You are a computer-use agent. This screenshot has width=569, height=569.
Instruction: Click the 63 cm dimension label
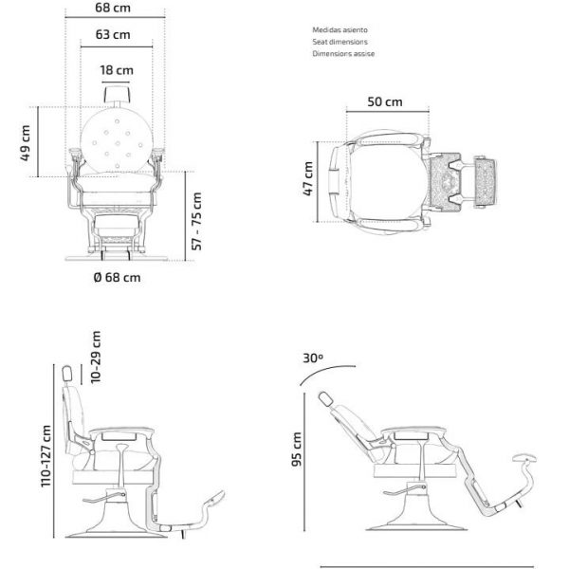click(113, 34)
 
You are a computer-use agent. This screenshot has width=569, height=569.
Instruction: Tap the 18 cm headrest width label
click(117, 70)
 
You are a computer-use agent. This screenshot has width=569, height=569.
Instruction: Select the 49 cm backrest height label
click(25, 142)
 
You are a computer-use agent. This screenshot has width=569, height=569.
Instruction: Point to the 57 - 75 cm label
click(196, 221)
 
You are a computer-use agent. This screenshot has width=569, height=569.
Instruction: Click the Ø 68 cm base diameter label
click(117, 278)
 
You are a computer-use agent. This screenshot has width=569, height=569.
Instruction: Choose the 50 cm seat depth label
click(385, 101)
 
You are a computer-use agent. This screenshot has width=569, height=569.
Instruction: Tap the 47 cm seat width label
click(308, 179)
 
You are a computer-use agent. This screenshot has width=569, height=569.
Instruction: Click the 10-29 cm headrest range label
click(96, 358)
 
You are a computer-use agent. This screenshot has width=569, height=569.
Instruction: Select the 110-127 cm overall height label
click(46, 456)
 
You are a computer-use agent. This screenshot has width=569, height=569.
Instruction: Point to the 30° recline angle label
click(313, 358)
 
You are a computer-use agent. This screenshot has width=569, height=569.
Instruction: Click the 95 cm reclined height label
click(297, 450)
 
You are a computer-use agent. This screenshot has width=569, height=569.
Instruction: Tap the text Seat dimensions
click(340, 42)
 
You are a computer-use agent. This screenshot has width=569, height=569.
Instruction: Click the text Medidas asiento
click(340, 29)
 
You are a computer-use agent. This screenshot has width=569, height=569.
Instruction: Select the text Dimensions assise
click(343, 54)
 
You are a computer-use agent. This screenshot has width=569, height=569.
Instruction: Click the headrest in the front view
click(117, 94)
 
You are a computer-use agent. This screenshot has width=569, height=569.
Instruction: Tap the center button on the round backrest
click(118, 143)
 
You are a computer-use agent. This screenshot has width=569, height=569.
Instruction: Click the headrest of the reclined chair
click(325, 399)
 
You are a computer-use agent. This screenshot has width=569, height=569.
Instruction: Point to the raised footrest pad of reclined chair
click(524, 459)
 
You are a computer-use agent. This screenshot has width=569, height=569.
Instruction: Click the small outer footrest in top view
click(486, 182)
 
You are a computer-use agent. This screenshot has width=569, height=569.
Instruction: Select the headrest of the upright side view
click(67, 374)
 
